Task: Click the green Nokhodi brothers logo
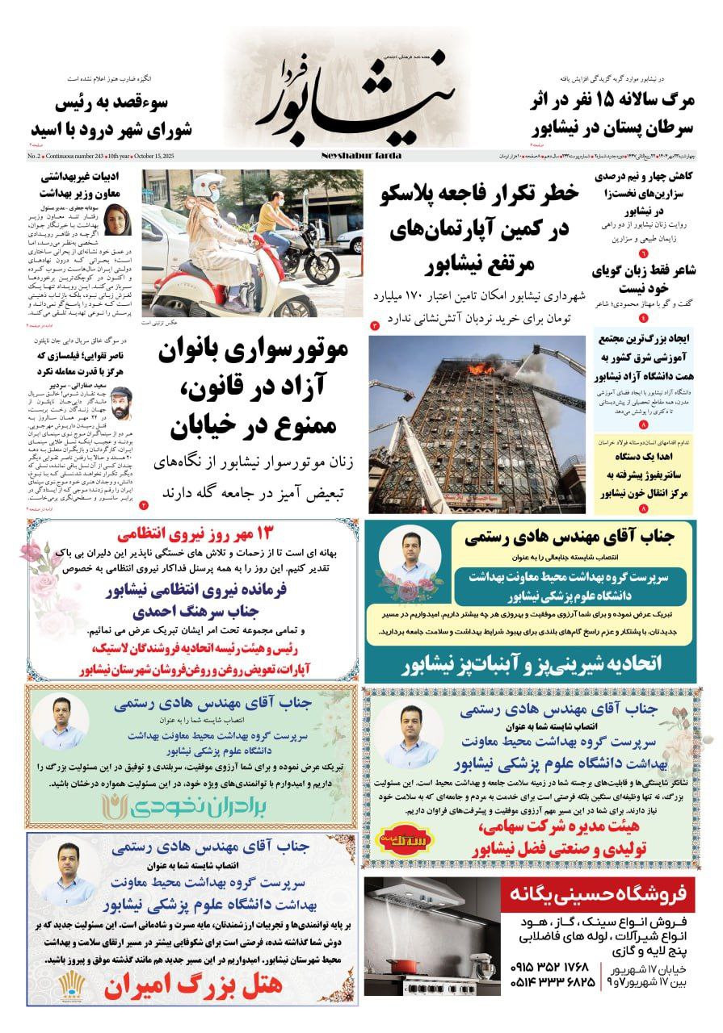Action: (x=191, y=805)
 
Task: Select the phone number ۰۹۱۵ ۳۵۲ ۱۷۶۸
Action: (x=553, y=967)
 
